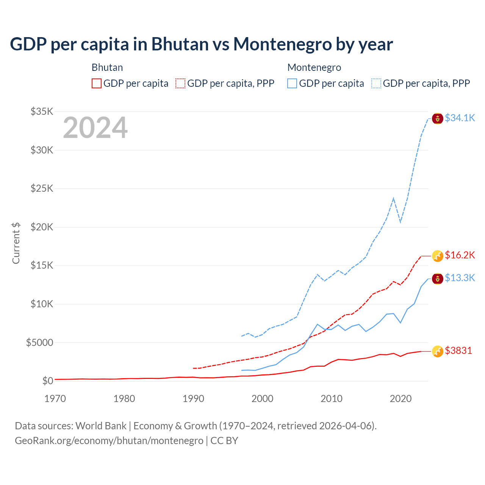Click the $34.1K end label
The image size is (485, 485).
[x=460, y=118]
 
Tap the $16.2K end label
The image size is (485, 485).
[x=460, y=255]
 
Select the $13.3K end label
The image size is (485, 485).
[x=460, y=278]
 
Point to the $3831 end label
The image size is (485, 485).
[x=458, y=351]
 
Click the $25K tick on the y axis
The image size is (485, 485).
[x=42, y=188]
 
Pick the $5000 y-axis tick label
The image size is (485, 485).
[x=39, y=343]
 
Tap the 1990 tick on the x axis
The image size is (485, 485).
[x=193, y=399]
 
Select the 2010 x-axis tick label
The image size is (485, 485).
[x=332, y=399]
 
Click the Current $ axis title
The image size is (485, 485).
[x=16, y=243]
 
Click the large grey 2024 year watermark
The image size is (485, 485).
[x=95, y=128]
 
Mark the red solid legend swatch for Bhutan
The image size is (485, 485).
[x=97, y=83]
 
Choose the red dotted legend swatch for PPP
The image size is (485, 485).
[x=180, y=83]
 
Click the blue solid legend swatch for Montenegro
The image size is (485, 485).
[x=292, y=83]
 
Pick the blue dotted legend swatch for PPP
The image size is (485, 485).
[x=376, y=83]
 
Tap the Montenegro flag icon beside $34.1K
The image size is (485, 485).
[x=438, y=119]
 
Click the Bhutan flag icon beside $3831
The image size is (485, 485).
[x=438, y=351]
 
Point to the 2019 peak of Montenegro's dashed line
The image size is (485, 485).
[x=394, y=198]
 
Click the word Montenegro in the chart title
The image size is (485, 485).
[x=282, y=44]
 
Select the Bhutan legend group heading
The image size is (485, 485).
[x=107, y=67]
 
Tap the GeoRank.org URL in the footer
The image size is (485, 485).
[x=109, y=441]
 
